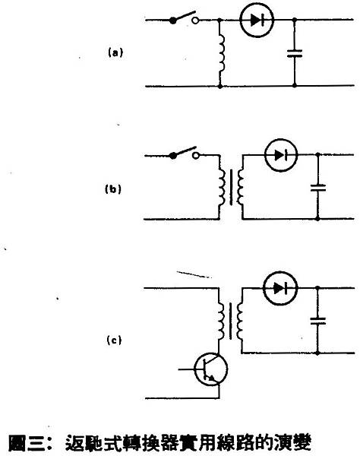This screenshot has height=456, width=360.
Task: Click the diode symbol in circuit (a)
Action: click(x=257, y=20)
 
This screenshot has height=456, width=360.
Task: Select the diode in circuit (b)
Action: click(x=281, y=155)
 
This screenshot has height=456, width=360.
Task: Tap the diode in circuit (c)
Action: click(x=280, y=288)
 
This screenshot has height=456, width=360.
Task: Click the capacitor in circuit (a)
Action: click(x=295, y=53)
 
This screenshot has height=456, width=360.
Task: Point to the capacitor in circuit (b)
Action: click(x=318, y=188)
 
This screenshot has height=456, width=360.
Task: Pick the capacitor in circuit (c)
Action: click(x=318, y=321)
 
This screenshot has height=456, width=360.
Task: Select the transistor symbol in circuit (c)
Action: click(x=211, y=369)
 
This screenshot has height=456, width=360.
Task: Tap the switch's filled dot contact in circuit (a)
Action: click(x=173, y=21)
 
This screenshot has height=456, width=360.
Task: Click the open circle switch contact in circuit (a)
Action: click(x=195, y=21)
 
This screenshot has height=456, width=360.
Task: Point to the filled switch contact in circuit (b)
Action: click(x=173, y=156)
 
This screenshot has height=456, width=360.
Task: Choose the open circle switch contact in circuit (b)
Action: click(x=196, y=156)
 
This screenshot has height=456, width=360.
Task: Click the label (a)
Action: click(x=115, y=53)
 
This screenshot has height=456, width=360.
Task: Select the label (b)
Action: click(x=112, y=189)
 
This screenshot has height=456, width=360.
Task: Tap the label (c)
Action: click(x=114, y=340)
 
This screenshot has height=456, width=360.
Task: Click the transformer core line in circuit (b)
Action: click(x=232, y=188)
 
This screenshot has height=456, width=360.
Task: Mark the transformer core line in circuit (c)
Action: click(x=231, y=321)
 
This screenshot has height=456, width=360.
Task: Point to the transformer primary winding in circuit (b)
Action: click(x=222, y=188)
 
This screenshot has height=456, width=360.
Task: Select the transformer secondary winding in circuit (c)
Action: click(x=240, y=321)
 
